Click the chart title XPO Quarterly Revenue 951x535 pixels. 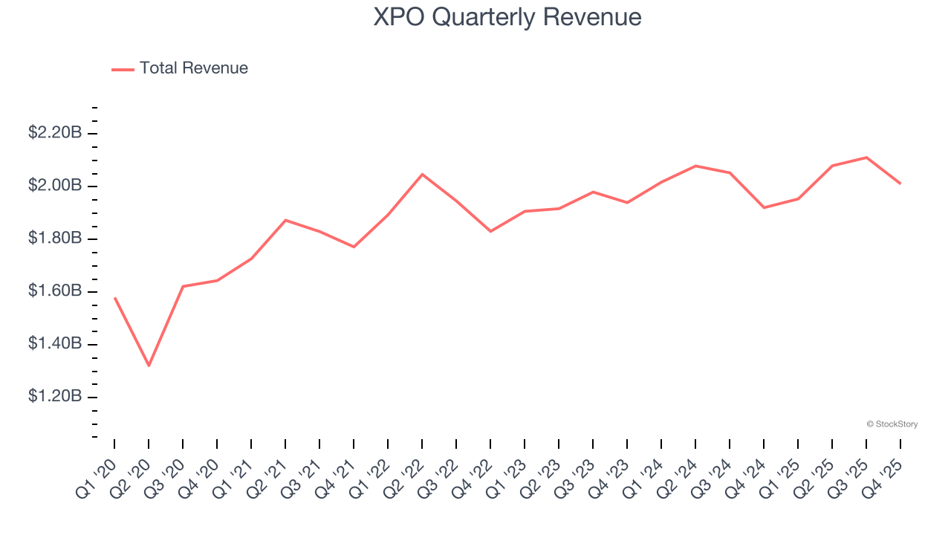click(x=507, y=17)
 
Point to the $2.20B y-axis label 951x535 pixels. click(x=54, y=133)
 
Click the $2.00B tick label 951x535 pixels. click(x=54, y=186)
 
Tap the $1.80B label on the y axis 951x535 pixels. click(x=54, y=239)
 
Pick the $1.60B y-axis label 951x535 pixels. click(x=54, y=291)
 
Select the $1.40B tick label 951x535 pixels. click(x=54, y=344)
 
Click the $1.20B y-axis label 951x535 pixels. click(x=54, y=397)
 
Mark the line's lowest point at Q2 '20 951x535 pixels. click(x=149, y=366)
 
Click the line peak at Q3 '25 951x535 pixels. click(x=866, y=157)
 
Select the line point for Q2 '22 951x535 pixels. click(x=422, y=174)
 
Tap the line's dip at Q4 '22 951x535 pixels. click(x=490, y=231)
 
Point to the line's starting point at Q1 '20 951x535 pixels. click(x=114, y=297)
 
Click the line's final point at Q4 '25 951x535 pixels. click(x=900, y=184)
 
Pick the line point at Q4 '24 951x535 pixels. click(x=764, y=207)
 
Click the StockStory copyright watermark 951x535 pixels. click(x=892, y=424)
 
